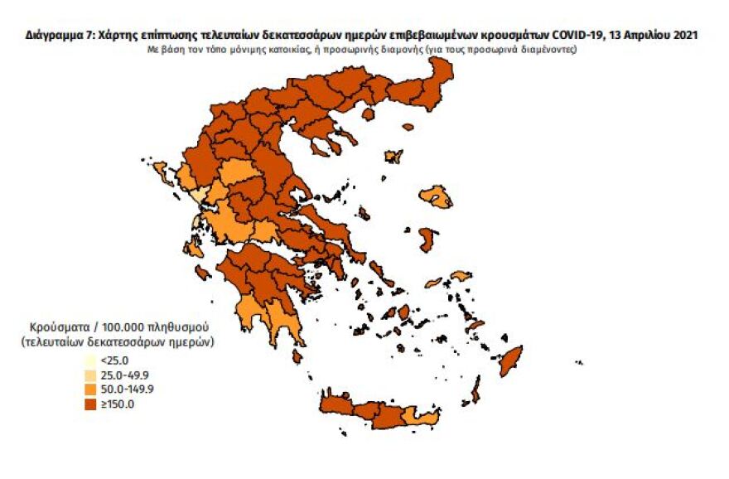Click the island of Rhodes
(509, 360)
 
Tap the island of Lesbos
(436, 197)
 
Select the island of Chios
(427, 240)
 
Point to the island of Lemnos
(393, 156)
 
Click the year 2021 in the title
(685, 36)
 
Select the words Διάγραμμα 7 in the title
(59, 36)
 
